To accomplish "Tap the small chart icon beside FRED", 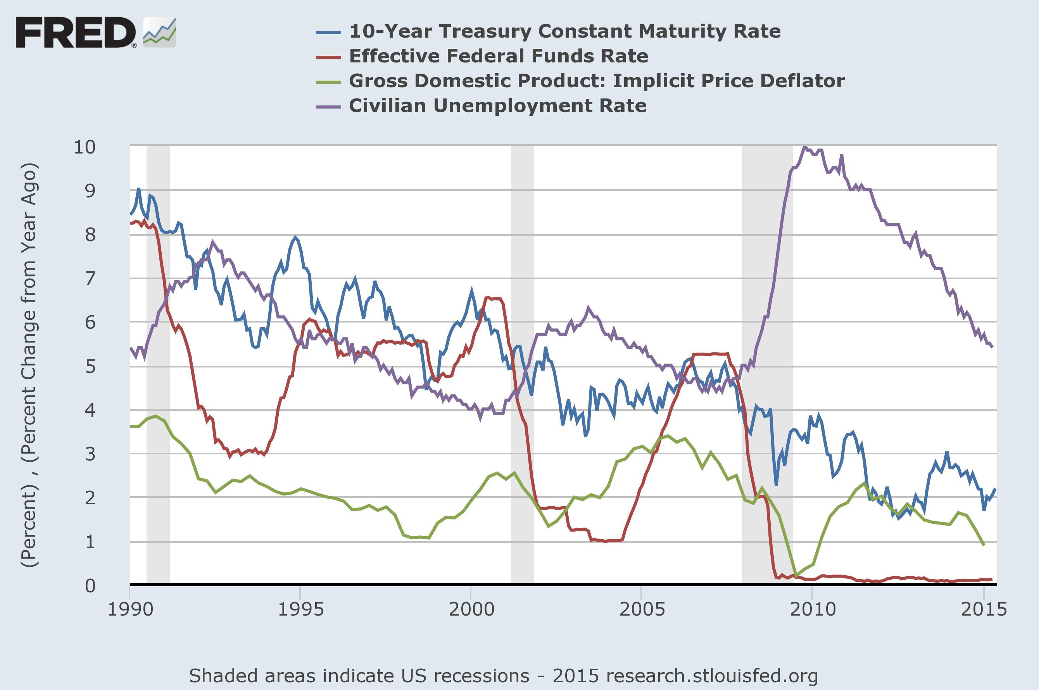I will (x=159, y=33).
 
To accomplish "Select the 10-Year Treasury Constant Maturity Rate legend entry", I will (x=564, y=31).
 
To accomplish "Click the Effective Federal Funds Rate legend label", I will (x=498, y=56).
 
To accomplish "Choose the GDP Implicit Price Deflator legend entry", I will (x=596, y=81).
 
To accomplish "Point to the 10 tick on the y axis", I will (x=85, y=147).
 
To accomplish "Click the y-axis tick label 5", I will (x=90, y=366).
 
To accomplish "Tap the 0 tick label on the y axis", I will (x=90, y=586).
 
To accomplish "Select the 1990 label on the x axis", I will (x=130, y=609).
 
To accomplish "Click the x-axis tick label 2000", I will (x=471, y=609).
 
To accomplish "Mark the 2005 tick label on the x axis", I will (x=642, y=609).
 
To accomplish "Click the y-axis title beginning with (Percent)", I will (x=29, y=365).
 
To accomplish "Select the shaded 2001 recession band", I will (x=522, y=365).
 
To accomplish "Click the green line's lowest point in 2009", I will (x=795, y=576).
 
